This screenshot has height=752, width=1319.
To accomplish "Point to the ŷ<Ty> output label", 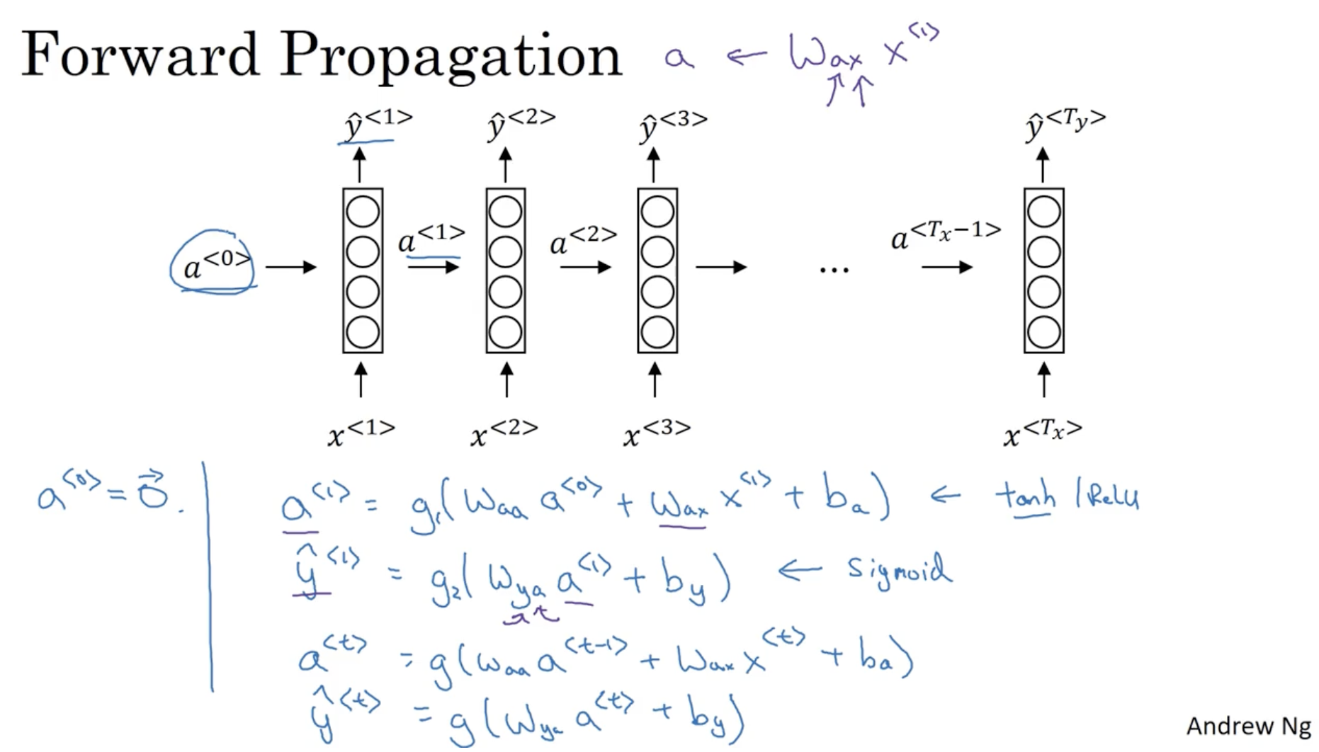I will point(1064,125).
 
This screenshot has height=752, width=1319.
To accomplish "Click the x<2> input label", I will point(504,431).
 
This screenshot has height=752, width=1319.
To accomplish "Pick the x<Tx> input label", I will point(1042,431).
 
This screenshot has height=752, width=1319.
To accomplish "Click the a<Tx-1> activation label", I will point(945,236).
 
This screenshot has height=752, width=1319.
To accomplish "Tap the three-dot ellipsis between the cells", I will point(834,269).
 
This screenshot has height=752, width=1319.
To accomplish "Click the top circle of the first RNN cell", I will point(363,211).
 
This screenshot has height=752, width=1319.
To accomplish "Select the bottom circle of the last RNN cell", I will point(1043,332).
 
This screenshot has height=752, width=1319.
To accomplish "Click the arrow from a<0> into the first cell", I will point(290,267).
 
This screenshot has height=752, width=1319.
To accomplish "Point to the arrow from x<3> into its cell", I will point(655,380).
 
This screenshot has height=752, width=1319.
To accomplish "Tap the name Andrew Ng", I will point(1247,727).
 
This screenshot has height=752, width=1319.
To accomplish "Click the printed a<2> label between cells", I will point(582,240).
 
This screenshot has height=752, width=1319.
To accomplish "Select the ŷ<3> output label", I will point(672,125).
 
